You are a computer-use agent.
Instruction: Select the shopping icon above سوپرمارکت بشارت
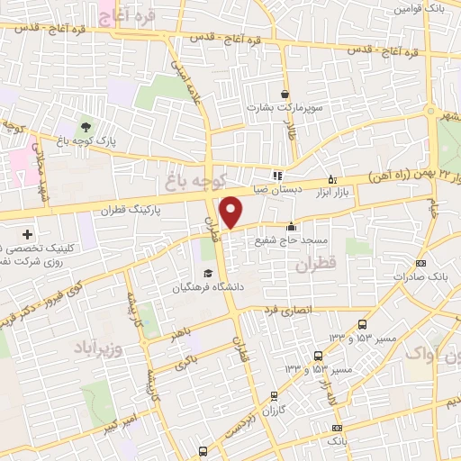click(x=285, y=94)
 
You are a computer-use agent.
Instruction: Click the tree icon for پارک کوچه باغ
click(x=86, y=126)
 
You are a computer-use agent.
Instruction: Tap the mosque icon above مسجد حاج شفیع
click(x=291, y=227)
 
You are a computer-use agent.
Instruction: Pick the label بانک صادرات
click(x=420, y=276)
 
